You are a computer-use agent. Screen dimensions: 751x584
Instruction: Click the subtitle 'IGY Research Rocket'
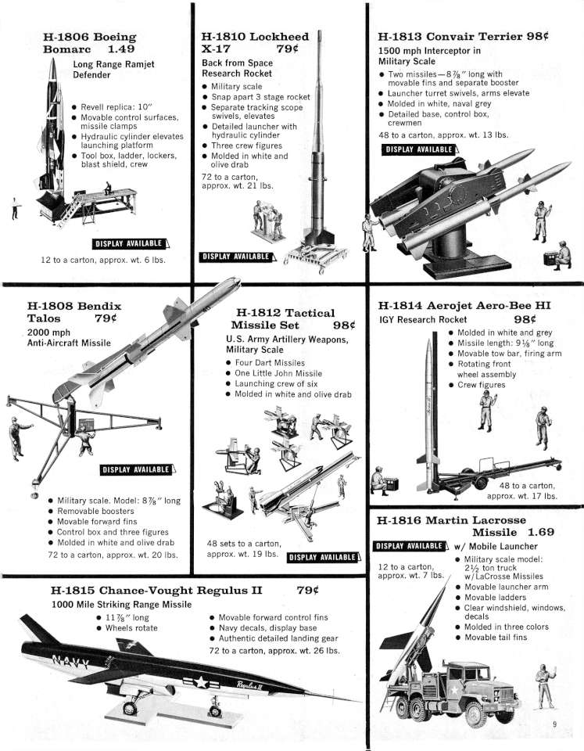423,319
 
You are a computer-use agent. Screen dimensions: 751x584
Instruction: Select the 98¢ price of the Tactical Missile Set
344,325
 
